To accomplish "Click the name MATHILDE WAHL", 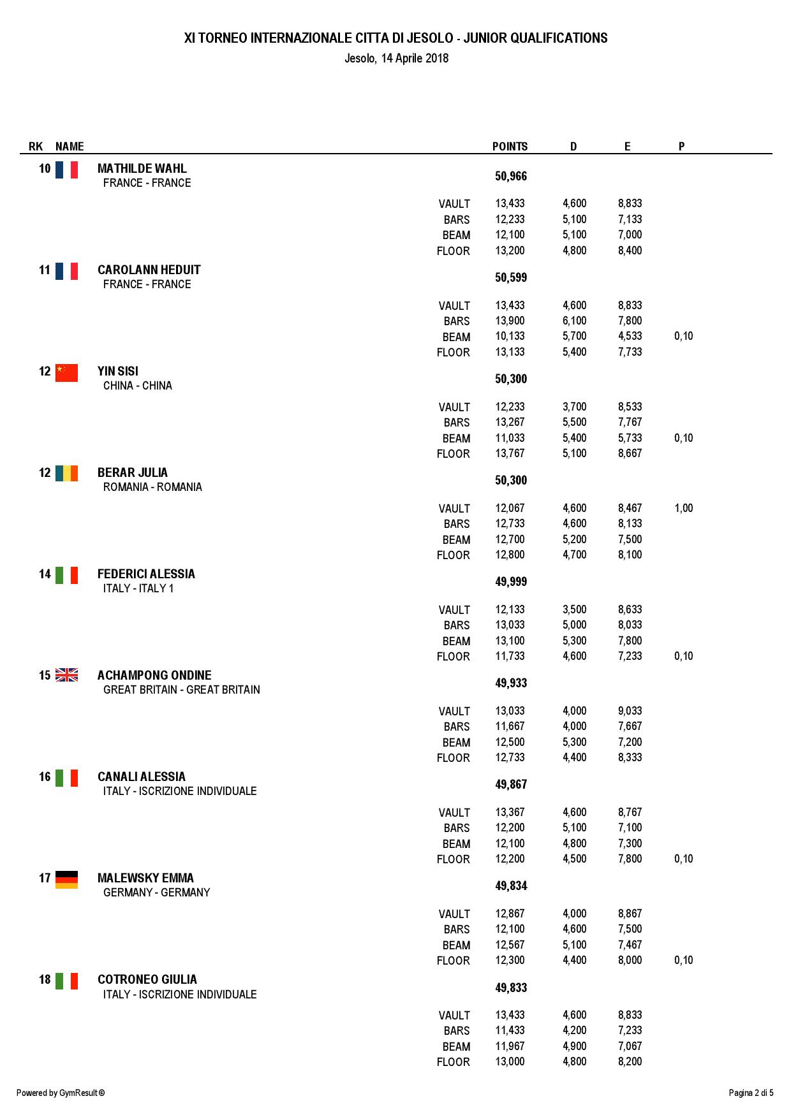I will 142,169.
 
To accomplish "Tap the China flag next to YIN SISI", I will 66,373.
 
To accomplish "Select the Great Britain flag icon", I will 66,675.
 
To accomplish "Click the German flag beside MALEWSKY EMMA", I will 66,880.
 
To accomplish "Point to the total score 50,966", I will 510,177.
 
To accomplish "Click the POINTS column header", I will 510,147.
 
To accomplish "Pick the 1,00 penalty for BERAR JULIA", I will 683,509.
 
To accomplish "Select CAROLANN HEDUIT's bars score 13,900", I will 510,321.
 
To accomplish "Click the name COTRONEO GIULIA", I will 147,980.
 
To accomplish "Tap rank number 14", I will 45,574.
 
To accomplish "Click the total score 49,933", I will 510,683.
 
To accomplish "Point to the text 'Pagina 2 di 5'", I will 751,1093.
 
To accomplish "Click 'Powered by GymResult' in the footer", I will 61,1093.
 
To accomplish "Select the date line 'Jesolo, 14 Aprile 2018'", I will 396,59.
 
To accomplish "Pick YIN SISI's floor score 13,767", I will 510,454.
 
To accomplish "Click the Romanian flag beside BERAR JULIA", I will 66,473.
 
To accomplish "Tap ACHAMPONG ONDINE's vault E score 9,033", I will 630,712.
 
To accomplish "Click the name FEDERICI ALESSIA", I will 146,574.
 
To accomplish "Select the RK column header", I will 36,147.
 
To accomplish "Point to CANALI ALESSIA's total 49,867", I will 510,785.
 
